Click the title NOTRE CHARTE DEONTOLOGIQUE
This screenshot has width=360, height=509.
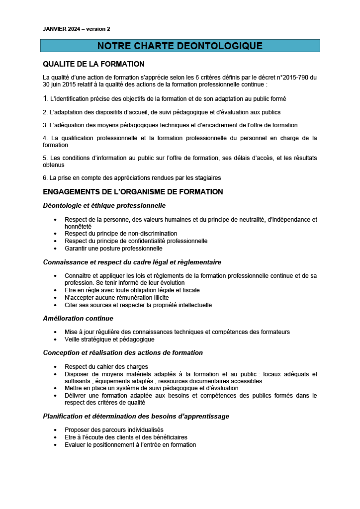click(x=180, y=46)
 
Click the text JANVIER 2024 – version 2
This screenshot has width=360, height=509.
click(x=77, y=29)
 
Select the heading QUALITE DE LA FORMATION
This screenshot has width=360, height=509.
click(x=93, y=64)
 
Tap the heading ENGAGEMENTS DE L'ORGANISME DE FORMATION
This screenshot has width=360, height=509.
click(x=133, y=192)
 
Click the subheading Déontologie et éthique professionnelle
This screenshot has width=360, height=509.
click(x=104, y=206)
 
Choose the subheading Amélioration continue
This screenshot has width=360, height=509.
click(x=78, y=319)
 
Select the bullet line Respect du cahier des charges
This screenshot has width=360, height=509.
click(x=103, y=367)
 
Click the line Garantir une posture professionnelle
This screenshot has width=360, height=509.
click(x=113, y=248)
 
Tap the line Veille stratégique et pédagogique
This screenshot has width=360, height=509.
click(x=109, y=339)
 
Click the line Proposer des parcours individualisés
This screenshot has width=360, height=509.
click(x=114, y=429)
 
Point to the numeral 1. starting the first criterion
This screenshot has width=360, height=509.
click(x=45, y=98)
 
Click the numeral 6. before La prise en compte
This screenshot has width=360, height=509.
click(x=45, y=177)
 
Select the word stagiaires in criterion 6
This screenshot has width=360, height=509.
click(x=207, y=177)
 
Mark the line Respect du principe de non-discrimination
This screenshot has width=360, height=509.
click(x=121, y=233)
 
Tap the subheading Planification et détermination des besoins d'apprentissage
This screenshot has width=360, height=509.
click(x=136, y=417)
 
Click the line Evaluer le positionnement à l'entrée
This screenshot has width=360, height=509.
click(x=130, y=445)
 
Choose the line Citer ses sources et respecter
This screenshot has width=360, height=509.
click(x=138, y=305)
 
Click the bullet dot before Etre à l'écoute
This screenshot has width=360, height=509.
click(x=55, y=437)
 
